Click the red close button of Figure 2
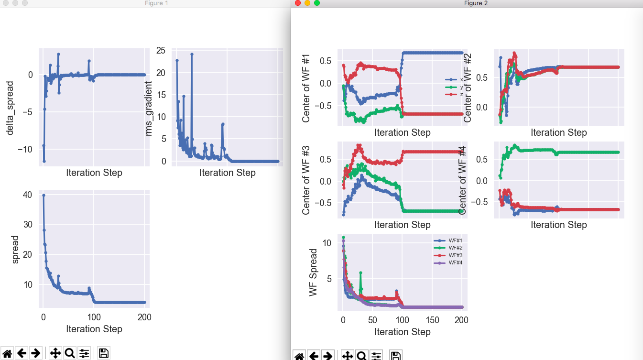pyautogui.click(x=298, y=3)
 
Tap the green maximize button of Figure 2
pyautogui.click(x=316, y=3)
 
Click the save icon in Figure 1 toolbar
pyautogui.click(x=104, y=353)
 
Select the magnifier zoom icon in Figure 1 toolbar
pyautogui.click(x=69, y=353)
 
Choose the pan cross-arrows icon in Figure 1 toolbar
pyautogui.click(x=55, y=353)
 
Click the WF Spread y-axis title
pyautogui.click(x=313, y=272)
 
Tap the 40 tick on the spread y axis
pyautogui.click(x=27, y=195)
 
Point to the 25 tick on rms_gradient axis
pyautogui.click(x=161, y=51)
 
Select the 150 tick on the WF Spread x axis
pyautogui.click(x=432, y=319)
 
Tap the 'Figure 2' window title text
pyautogui.click(x=476, y=3)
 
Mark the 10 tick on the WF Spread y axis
pyautogui.click(x=327, y=243)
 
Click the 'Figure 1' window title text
pyautogui.click(x=156, y=3)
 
